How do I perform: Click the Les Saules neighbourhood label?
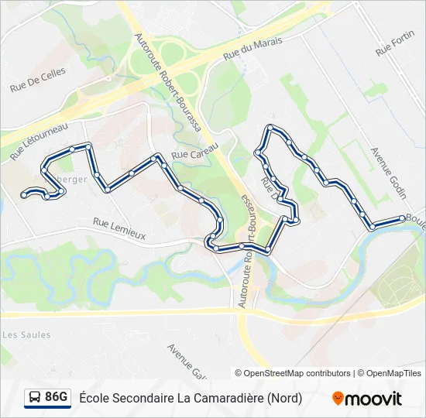click(x=26, y=335)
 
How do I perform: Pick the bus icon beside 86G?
click(x=35, y=398)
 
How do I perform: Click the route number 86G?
click(x=57, y=398)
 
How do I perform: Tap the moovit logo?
click(x=367, y=399)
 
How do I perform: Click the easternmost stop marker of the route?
click(x=401, y=218)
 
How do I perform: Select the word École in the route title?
click(x=94, y=399)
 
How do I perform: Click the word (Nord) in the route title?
click(x=285, y=399)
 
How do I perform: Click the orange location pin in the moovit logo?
click(x=338, y=399)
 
